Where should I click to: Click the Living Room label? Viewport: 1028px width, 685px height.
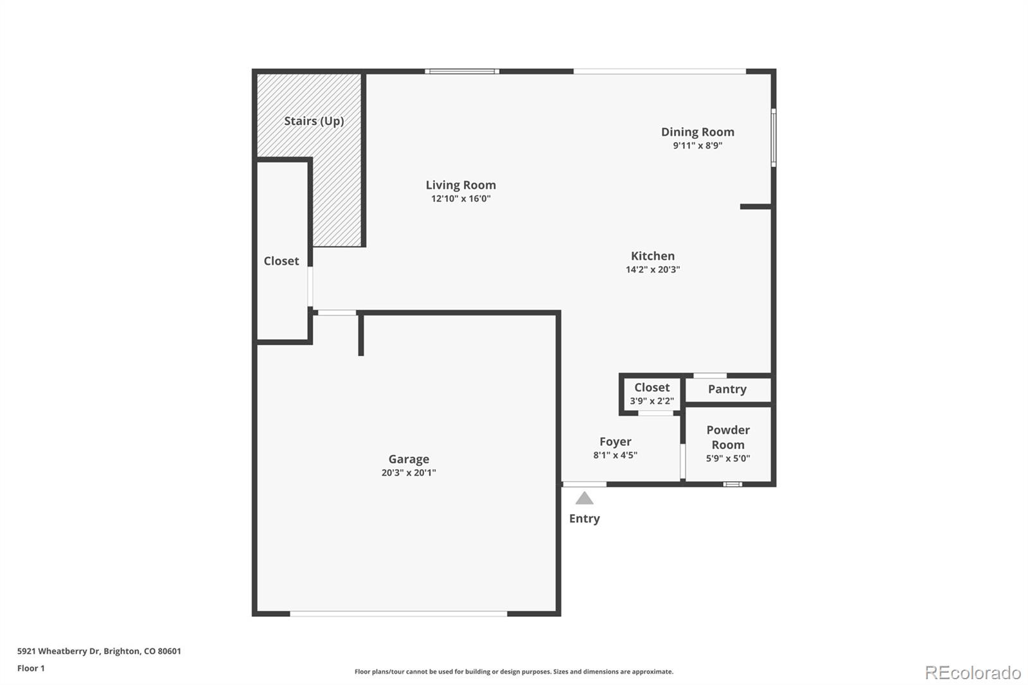[x=461, y=185]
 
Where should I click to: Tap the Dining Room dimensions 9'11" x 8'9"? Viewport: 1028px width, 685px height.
[x=697, y=146]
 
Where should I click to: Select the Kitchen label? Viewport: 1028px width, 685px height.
[x=652, y=256]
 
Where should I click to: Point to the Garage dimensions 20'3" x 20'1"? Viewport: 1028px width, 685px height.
[x=409, y=473]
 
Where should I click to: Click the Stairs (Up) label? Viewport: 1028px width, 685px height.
[x=314, y=121]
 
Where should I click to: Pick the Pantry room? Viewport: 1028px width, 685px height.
[x=727, y=389]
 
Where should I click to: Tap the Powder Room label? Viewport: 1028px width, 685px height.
[x=728, y=437]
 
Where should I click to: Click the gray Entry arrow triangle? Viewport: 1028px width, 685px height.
[x=584, y=499]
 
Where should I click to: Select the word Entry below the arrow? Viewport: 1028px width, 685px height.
[x=584, y=519]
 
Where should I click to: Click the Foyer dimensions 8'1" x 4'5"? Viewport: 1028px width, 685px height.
[x=615, y=456]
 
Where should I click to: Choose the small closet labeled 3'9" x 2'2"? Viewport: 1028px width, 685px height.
[x=651, y=394]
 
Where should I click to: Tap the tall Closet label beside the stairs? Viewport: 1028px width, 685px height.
[x=281, y=261]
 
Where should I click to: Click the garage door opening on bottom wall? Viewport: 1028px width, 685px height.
[x=398, y=614]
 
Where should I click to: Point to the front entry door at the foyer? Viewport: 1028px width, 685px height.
[x=584, y=484]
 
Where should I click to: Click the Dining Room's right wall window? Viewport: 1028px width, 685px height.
[x=774, y=138]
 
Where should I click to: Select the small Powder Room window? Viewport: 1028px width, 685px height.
[x=732, y=484]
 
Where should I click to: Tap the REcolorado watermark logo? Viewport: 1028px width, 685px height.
[x=973, y=672]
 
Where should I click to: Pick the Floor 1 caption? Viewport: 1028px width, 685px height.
[x=31, y=668]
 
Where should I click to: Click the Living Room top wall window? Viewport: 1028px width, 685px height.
[x=461, y=71]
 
